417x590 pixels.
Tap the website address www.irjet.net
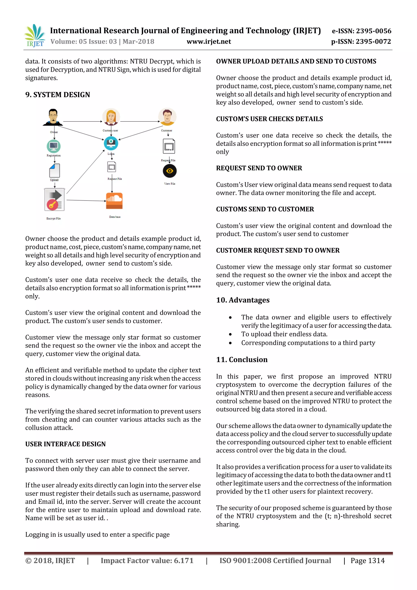coord(209,42)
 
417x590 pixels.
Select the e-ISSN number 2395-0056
coord(362,31)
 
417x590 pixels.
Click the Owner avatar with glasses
coord(53,117)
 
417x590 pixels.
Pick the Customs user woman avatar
coord(111,117)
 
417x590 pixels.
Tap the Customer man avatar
coord(167,116)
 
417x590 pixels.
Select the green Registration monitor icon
coord(54,146)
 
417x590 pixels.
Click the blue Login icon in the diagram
coord(111,143)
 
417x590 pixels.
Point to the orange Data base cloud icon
coord(114,201)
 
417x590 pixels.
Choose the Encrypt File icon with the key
coord(54,199)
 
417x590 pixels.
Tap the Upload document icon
coord(54,170)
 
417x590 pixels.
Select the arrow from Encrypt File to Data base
coord(86,200)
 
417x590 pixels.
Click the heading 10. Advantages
coord(243,300)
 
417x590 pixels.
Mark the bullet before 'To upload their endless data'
coord(230,334)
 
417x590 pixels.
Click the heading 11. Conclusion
coord(242,360)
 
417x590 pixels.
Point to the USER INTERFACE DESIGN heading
coord(66,444)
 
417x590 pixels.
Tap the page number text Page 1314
coord(368,560)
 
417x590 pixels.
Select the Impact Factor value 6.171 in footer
coord(147,560)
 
